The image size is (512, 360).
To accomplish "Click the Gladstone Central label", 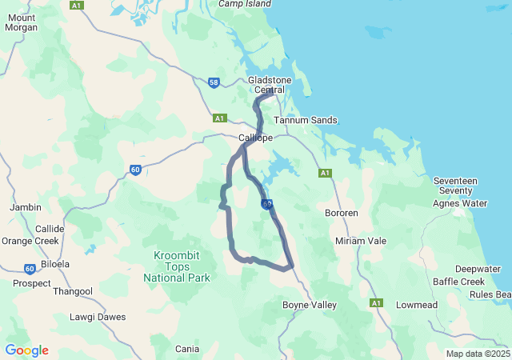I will click(270, 85).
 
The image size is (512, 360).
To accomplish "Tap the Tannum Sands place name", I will click(305, 120).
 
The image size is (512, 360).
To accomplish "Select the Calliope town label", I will click(256, 138).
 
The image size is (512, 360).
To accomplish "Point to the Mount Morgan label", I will click(21, 22).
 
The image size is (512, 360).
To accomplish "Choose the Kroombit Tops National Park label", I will click(177, 266).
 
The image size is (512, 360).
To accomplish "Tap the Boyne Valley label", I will click(310, 305).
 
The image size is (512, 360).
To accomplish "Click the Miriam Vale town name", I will click(360, 241).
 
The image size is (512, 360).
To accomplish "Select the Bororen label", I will click(342, 213).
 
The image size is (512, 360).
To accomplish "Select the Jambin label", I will click(25, 207).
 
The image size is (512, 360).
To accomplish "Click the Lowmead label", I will click(417, 305).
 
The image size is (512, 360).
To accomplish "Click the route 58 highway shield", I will click(214, 82).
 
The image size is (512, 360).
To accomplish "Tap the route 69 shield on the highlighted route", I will click(266, 204).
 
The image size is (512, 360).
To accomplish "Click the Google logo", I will click(26, 350).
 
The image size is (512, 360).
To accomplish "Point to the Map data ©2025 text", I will click(477, 354).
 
